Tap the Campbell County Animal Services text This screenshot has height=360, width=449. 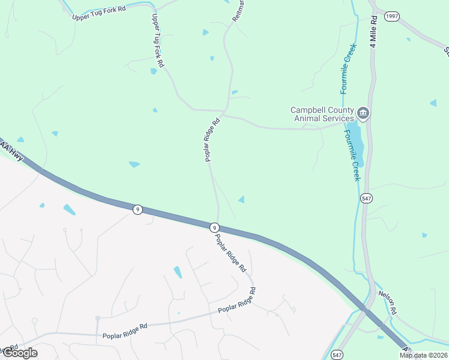(322, 114)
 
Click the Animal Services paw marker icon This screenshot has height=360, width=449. (363, 113)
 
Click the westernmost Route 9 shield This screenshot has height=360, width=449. (138, 209)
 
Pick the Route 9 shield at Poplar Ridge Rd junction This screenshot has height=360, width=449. (214, 227)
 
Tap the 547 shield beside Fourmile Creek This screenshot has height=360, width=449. (366, 197)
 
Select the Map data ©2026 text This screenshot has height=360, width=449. (423, 355)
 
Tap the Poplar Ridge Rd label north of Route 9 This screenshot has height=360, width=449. (212, 139)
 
